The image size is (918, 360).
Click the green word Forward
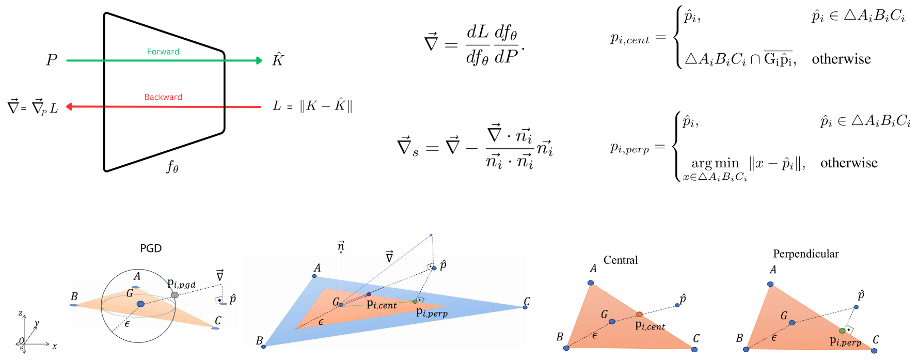click(163, 52)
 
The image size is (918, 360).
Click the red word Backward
click(163, 97)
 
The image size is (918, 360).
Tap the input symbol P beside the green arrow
click(51, 60)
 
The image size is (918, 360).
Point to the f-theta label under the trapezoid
click(172, 166)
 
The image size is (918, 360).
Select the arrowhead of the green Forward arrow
click(259, 60)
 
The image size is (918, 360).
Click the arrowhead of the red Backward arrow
click(69, 107)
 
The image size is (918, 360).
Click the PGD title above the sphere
click(151, 248)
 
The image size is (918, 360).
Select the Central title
click(621, 260)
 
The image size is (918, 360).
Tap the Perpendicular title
click(805, 254)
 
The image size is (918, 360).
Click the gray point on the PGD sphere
click(175, 295)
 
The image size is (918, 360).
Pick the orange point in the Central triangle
click(639, 314)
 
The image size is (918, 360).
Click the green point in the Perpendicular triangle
click(842, 331)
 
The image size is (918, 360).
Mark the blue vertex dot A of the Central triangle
click(591, 283)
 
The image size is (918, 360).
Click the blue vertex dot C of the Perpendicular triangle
click(874, 351)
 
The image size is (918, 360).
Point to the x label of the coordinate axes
click(55, 346)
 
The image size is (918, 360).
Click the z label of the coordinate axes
click(20, 313)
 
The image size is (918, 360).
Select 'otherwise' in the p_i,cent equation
click(841, 59)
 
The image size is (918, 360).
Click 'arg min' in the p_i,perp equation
click(715, 164)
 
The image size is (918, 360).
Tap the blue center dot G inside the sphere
click(140, 304)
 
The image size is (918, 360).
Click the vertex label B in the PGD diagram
click(74, 296)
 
